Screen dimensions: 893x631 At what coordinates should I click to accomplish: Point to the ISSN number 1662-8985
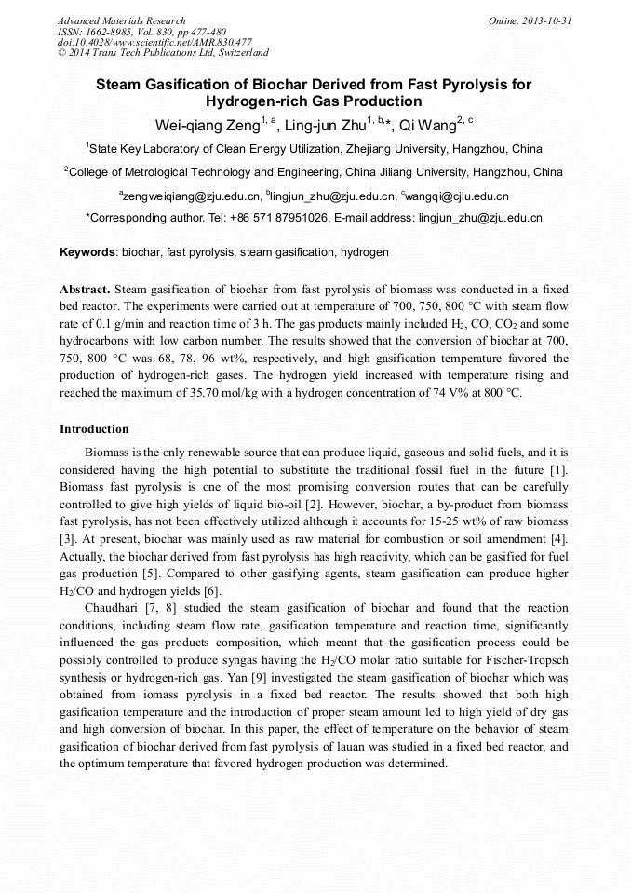(x=113, y=32)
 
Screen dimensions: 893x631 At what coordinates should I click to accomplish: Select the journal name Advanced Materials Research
(x=121, y=20)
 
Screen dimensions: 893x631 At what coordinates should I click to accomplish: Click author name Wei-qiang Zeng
(x=198, y=125)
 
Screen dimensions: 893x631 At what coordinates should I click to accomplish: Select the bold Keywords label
(x=87, y=252)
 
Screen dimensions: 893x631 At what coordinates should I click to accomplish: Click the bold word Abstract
(x=85, y=290)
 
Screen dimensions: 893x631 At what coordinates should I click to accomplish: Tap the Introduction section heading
(x=94, y=429)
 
